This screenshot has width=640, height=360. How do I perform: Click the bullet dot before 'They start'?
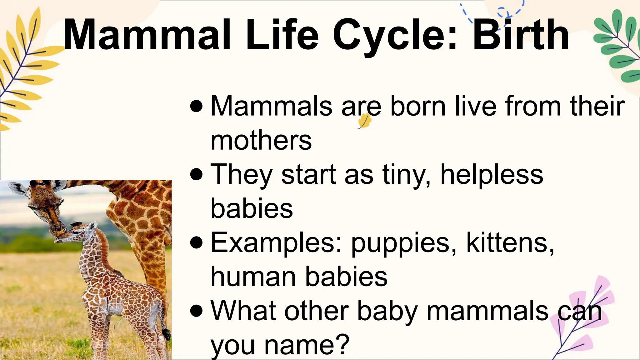[196, 174]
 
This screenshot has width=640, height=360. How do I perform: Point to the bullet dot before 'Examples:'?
[196, 242]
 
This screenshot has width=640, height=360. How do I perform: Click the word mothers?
[261, 141]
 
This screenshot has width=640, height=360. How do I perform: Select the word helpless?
[492, 174]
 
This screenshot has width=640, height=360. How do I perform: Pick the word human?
[253, 277]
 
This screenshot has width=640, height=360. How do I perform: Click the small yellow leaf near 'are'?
[364, 121]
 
